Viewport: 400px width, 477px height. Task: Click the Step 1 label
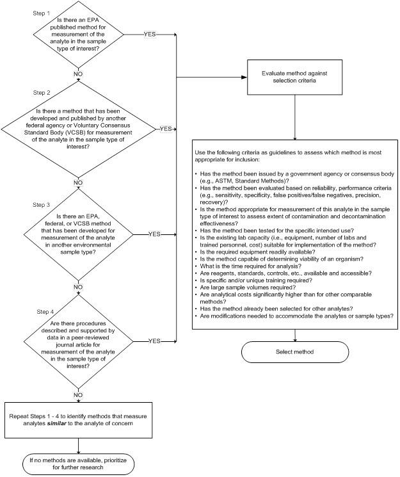(x=41, y=13)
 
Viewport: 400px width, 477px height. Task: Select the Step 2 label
(x=42, y=92)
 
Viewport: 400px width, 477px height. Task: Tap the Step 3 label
(x=42, y=205)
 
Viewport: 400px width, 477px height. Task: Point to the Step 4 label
(x=45, y=312)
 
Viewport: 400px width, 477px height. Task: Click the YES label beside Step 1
(x=150, y=35)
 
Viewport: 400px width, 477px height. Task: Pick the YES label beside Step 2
(x=166, y=129)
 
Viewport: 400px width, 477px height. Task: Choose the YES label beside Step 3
(x=154, y=234)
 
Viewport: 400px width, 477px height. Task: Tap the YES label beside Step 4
(x=154, y=341)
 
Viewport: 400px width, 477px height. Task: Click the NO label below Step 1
(x=78, y=74)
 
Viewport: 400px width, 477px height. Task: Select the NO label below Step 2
(x=78, y=182)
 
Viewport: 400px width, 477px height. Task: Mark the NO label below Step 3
(x=78, y=287)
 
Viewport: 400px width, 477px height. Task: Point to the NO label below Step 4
(x=78, y=395)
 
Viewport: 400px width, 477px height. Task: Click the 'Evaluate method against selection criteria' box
(x=294, y=77)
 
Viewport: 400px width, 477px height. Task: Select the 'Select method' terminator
(x=295, y=352)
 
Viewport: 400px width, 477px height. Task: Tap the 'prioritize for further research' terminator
(x=78, y=464)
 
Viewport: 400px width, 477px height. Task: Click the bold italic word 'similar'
(x=56, y=423)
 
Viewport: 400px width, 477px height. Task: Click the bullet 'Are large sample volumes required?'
(x=248, y=287)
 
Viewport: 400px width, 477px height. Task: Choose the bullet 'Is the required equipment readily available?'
(x=257, y=252)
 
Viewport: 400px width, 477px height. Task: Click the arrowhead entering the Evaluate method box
(x=244, y=77)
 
